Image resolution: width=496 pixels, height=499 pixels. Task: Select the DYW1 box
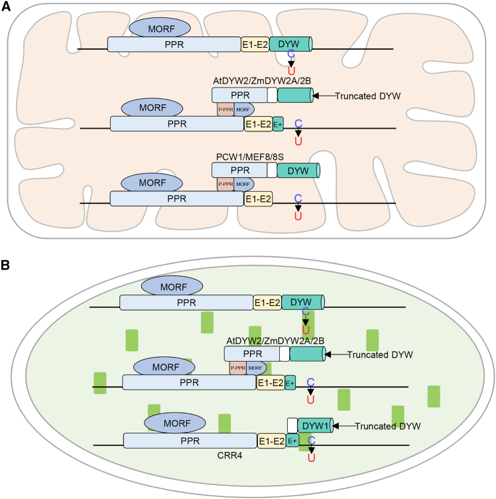(x=315, y=425)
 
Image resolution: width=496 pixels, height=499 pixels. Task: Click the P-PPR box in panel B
(x=238, y=367)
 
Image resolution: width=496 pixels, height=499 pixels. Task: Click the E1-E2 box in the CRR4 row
(x=272, y=441)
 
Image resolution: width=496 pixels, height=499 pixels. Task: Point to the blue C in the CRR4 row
(x=311, y=440)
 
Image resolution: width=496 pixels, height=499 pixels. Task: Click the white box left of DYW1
(x=292, y=425)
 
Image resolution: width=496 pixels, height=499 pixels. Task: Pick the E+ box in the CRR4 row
(x=292, y=441)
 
